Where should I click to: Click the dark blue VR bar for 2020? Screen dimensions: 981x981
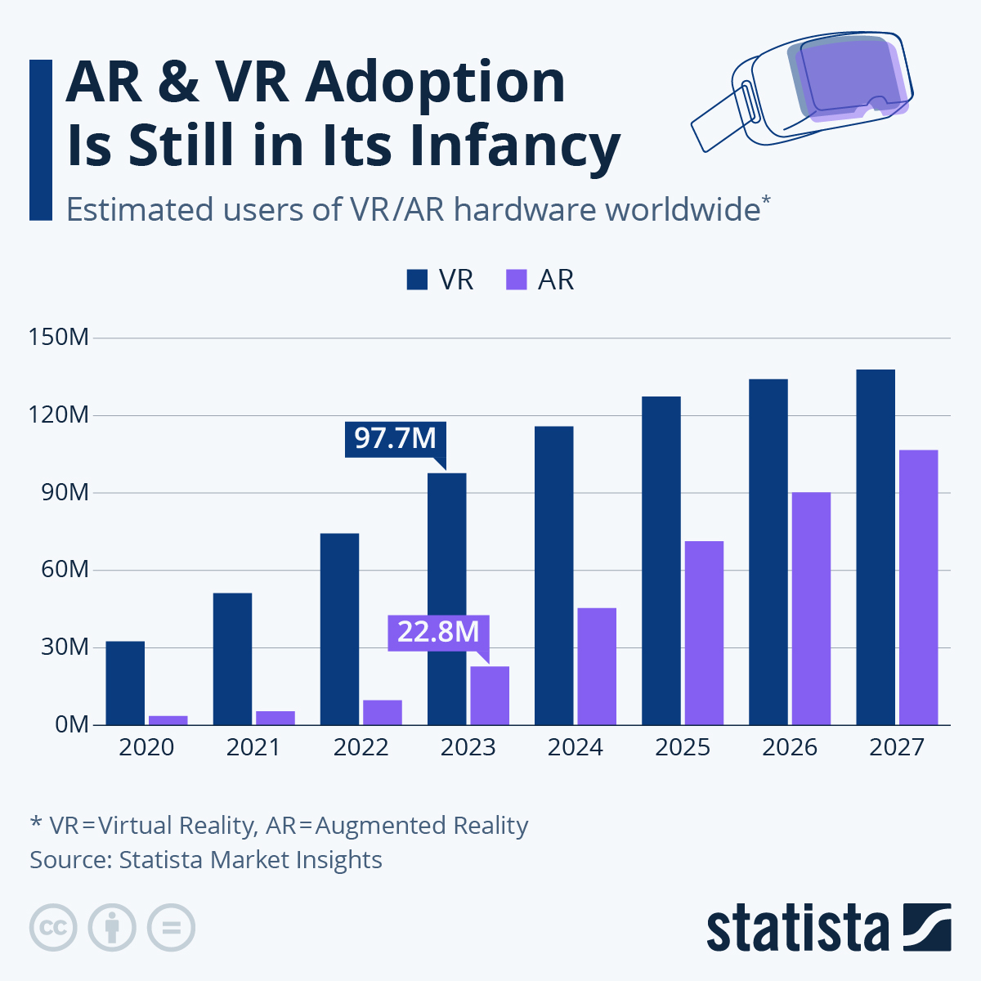[x=125, y=683]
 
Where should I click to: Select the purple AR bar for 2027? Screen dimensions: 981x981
[x=918, y=587]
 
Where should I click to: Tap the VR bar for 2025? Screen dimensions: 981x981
[x=661, y=561]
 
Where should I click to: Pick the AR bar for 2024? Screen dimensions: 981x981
[x=597, y=666]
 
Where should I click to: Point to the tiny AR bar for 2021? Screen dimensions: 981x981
[x=275, y=718]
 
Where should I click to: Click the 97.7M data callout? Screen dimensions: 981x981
[x=396, y=438]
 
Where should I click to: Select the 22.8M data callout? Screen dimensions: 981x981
[x=438, y=632]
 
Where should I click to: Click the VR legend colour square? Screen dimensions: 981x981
[x=417, y=280]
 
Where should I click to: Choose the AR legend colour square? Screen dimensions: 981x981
[x=517, y=280]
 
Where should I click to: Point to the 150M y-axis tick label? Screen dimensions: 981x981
[x=58, y=337]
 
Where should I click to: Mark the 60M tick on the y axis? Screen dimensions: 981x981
[x=64, y=569]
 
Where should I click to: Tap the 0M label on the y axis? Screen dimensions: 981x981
[x=71, y=724]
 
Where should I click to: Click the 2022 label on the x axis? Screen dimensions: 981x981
[x=361, y=747]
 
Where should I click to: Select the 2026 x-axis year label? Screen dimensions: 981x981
[x=790, y=747]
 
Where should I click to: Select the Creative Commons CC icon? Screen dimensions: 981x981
[x=53, y=928]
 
